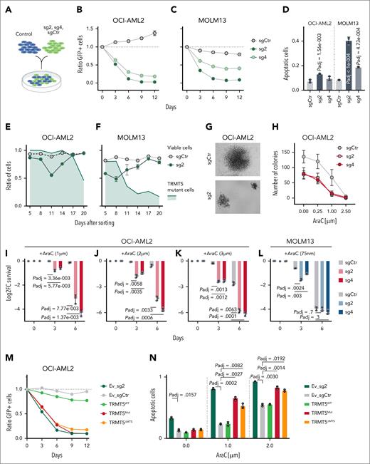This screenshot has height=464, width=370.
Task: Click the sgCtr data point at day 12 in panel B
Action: click(154, 33)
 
